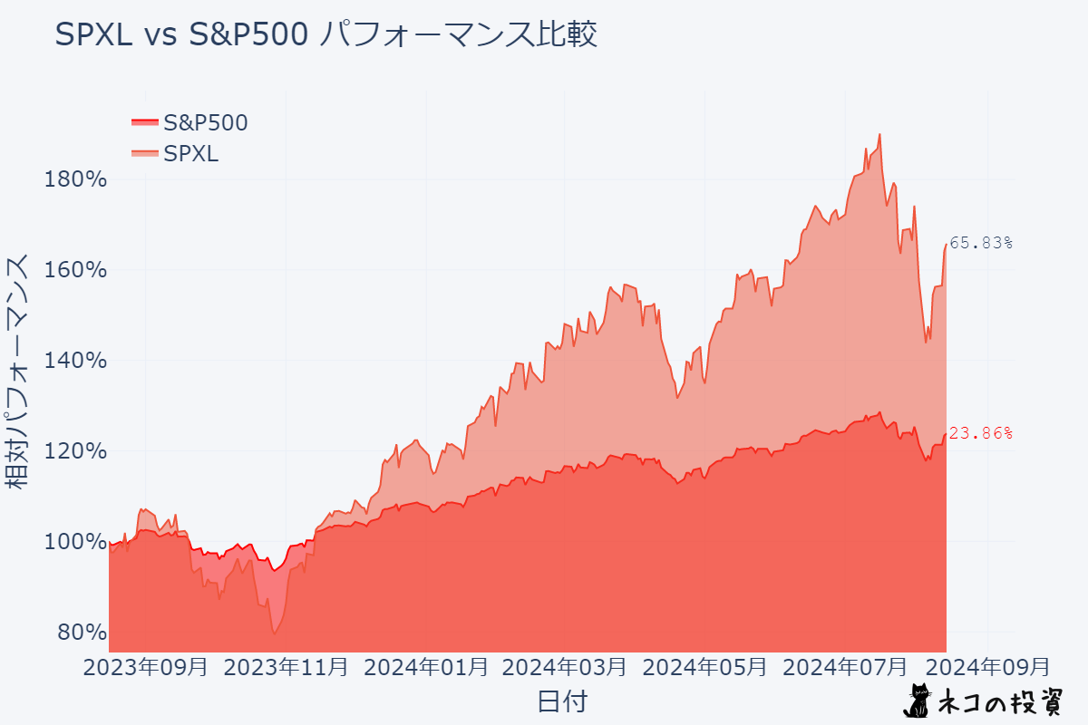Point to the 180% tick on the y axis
coord(75,179)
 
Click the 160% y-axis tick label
coord(75,270)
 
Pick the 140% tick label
coord(75,361)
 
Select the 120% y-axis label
coord(75,451)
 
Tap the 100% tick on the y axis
coord(75,542)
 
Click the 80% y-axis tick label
coord(82,632)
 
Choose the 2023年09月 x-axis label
coord(145,668)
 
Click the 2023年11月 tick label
coord(286,668)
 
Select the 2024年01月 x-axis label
coord(425,668)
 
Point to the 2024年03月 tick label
coord(564,668)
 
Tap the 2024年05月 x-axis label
coord(704,668)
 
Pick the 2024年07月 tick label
coord(844,668)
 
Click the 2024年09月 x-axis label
coord(987,668)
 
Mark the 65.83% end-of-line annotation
coord(980,243)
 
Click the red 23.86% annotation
coord(980,433)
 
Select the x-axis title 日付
coord(562,701)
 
